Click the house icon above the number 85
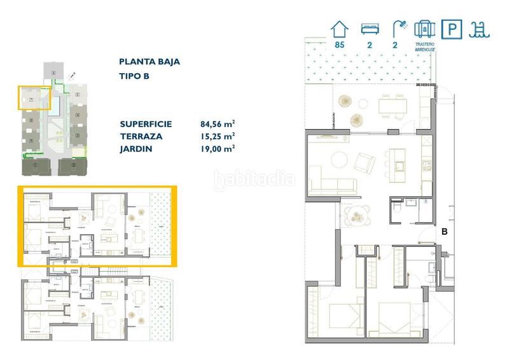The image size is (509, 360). pyautogui.click(x=338, y=29)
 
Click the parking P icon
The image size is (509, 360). pyautogui.click(x=452, y=29)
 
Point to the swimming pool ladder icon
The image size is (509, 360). pyautogui.click(x=478, y=29)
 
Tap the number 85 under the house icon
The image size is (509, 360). pyautogui.click(x=338, y=45)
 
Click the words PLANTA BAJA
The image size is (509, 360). pyautogui.click(x=150, y=62)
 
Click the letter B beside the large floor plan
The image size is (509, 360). pyautogui.click(x=445, y=232)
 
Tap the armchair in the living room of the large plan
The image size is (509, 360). pyautogui.click(x=365, y=163)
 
